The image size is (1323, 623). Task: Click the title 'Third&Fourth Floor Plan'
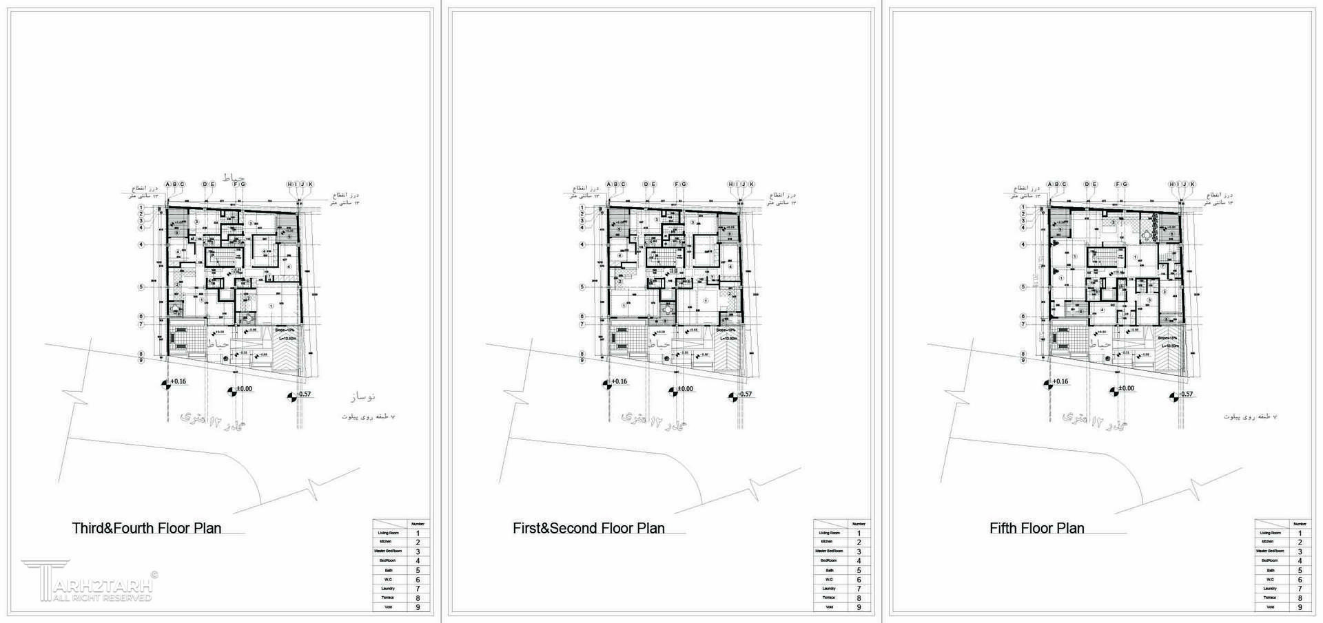click(147, 529)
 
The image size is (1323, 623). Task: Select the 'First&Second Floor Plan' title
click(588, 529)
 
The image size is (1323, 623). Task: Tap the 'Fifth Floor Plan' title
click(1036, 529)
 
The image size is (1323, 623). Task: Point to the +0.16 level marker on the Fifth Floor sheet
click(1055, 382)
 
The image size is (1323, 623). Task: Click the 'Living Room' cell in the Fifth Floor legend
click(1270, 534)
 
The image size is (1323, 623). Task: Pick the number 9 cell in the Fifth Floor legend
click(1300, 607)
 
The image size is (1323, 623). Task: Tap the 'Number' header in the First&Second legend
click(859, 524)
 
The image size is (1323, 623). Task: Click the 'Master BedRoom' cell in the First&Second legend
click(829, 551)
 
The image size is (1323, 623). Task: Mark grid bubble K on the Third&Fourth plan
click(311, 184)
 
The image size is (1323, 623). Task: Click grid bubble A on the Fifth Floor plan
click(1049, 184)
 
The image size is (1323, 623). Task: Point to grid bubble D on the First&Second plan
click(646, 184)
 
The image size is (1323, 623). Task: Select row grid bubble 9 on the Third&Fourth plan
click(141, 360)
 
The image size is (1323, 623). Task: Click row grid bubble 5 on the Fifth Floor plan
click(1023, 287)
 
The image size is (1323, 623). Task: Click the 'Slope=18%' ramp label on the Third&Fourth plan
click(285, 330)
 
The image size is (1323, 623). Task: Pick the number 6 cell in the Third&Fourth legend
click(418, 580)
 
